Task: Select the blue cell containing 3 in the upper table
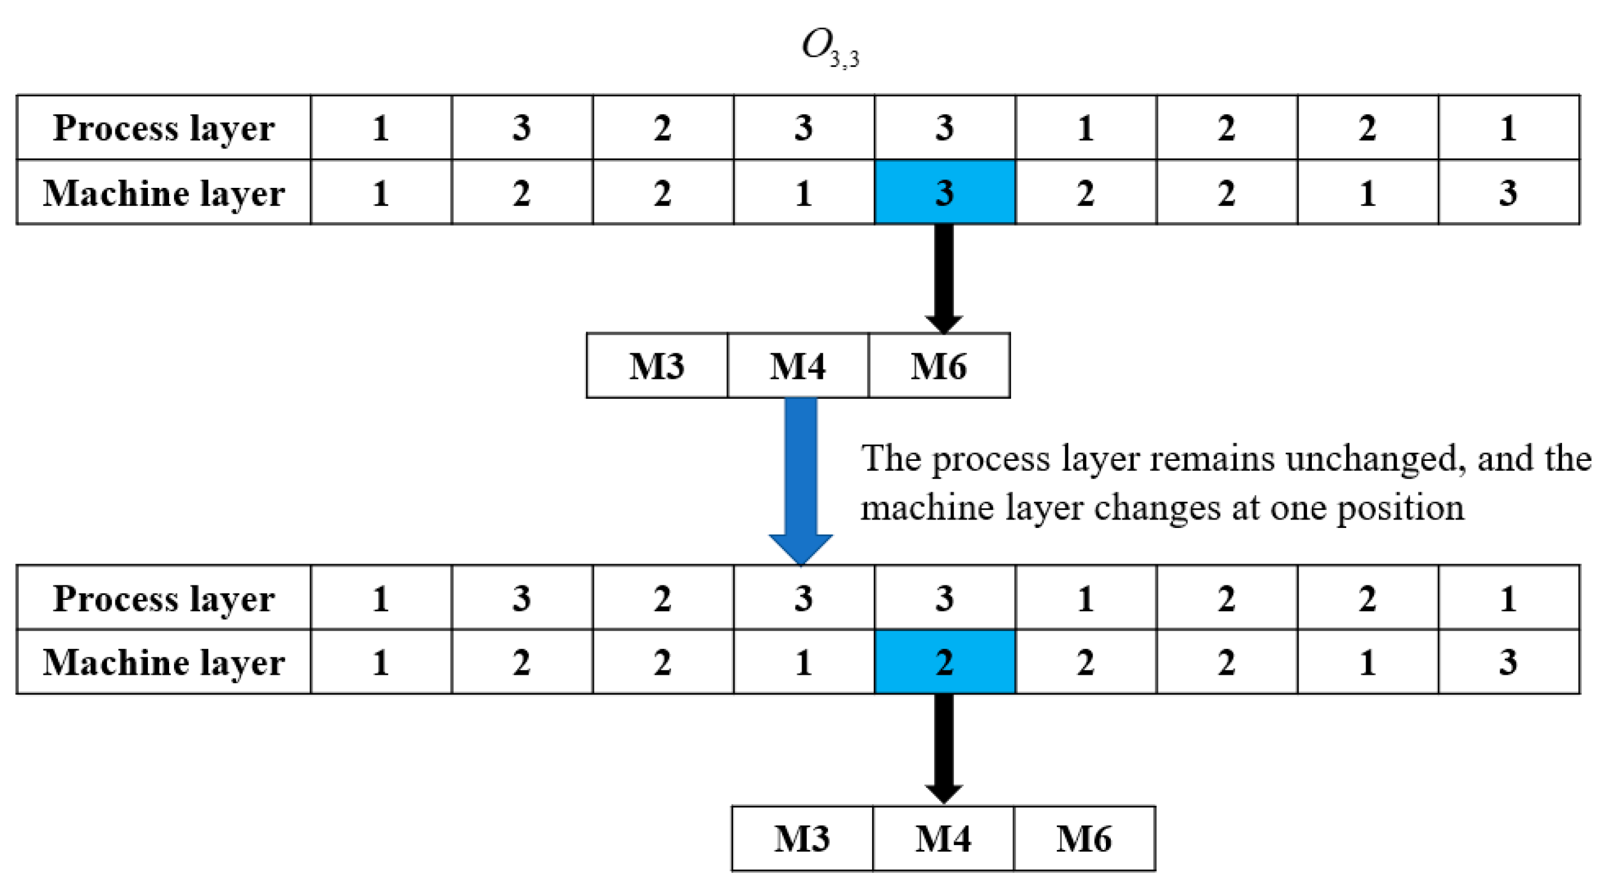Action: click(945, 192)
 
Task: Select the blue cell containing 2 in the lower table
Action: click(945, 661)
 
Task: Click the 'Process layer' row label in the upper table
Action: click(164, 128)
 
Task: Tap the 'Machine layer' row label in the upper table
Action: click(164, 193)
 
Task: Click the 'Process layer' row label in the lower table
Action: click(164, 598)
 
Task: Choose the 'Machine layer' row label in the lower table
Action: click(164, 662)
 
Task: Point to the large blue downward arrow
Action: click(801, 479)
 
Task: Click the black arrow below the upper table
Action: click(944, 277)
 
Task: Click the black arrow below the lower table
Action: click(944, 747)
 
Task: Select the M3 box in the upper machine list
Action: click(657, 366)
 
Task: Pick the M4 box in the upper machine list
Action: click(798, 366)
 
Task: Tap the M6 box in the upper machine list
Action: click(939, 366)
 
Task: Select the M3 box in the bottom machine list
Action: click(802, 838)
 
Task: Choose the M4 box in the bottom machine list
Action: click(943, 838)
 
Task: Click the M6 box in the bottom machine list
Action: click(1084, 838)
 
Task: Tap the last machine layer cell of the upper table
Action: click(1508, 192)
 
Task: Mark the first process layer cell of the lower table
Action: click(381, 598)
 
